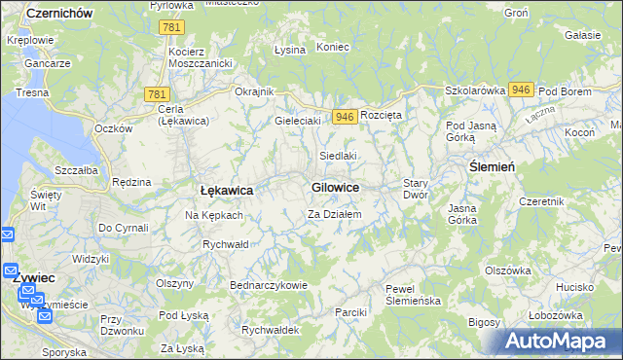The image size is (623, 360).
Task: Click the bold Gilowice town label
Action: (x=335, y=187)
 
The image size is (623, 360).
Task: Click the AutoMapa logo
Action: (x=561, y=341)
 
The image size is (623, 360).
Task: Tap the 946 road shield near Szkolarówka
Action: (x=520, y=90)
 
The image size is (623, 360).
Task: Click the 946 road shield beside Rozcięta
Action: (x=343, y=116)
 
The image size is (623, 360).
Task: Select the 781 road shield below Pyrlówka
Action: (x=172, y=28)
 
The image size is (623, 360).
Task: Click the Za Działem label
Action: (x=335, y=214)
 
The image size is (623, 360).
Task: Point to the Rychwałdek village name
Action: (x=272, y=330)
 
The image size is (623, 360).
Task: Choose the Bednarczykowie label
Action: (x=268, y=285)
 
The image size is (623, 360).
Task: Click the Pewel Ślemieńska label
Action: (x=414, y=295)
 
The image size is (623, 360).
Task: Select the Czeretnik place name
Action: (x=543, y=201)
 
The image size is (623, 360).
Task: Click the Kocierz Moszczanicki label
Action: (x=199, y=56)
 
